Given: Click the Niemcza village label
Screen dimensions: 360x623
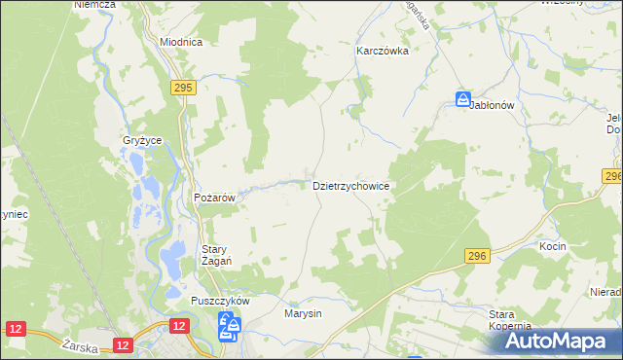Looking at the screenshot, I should click(94, 5).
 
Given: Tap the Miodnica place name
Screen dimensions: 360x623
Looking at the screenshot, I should click(181, 43).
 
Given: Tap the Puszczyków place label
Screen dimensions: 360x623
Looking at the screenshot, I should click(221, 302).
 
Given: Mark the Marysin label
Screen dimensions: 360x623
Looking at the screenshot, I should click(303, 314).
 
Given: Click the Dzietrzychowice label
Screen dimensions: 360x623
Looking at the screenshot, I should click(351, 185).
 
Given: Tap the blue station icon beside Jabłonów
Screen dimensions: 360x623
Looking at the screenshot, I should click(463, 99).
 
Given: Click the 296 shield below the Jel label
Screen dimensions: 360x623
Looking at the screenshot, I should click(612, 176).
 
